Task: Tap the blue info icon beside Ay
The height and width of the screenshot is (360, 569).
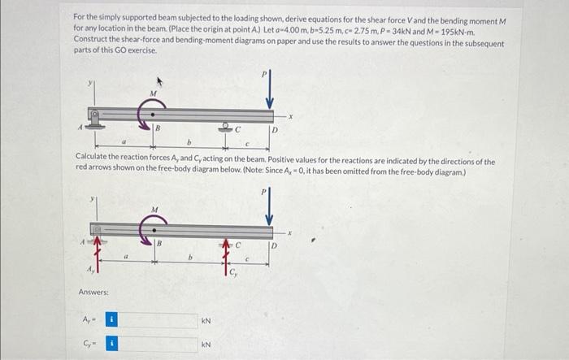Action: (x=114, y=321)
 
